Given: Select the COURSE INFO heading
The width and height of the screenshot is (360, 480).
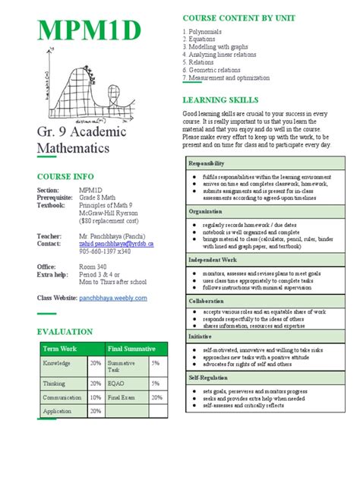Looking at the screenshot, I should [65, 175].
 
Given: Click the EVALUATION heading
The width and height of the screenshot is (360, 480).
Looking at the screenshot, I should [65, 332].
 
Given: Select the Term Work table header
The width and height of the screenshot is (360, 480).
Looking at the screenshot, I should [61, 349].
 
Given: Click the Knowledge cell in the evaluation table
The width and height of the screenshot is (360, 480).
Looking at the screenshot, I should [57, 364].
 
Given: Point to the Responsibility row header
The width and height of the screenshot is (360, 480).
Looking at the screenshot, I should [207, 163].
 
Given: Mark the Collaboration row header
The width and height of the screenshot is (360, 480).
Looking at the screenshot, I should [207, 301].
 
